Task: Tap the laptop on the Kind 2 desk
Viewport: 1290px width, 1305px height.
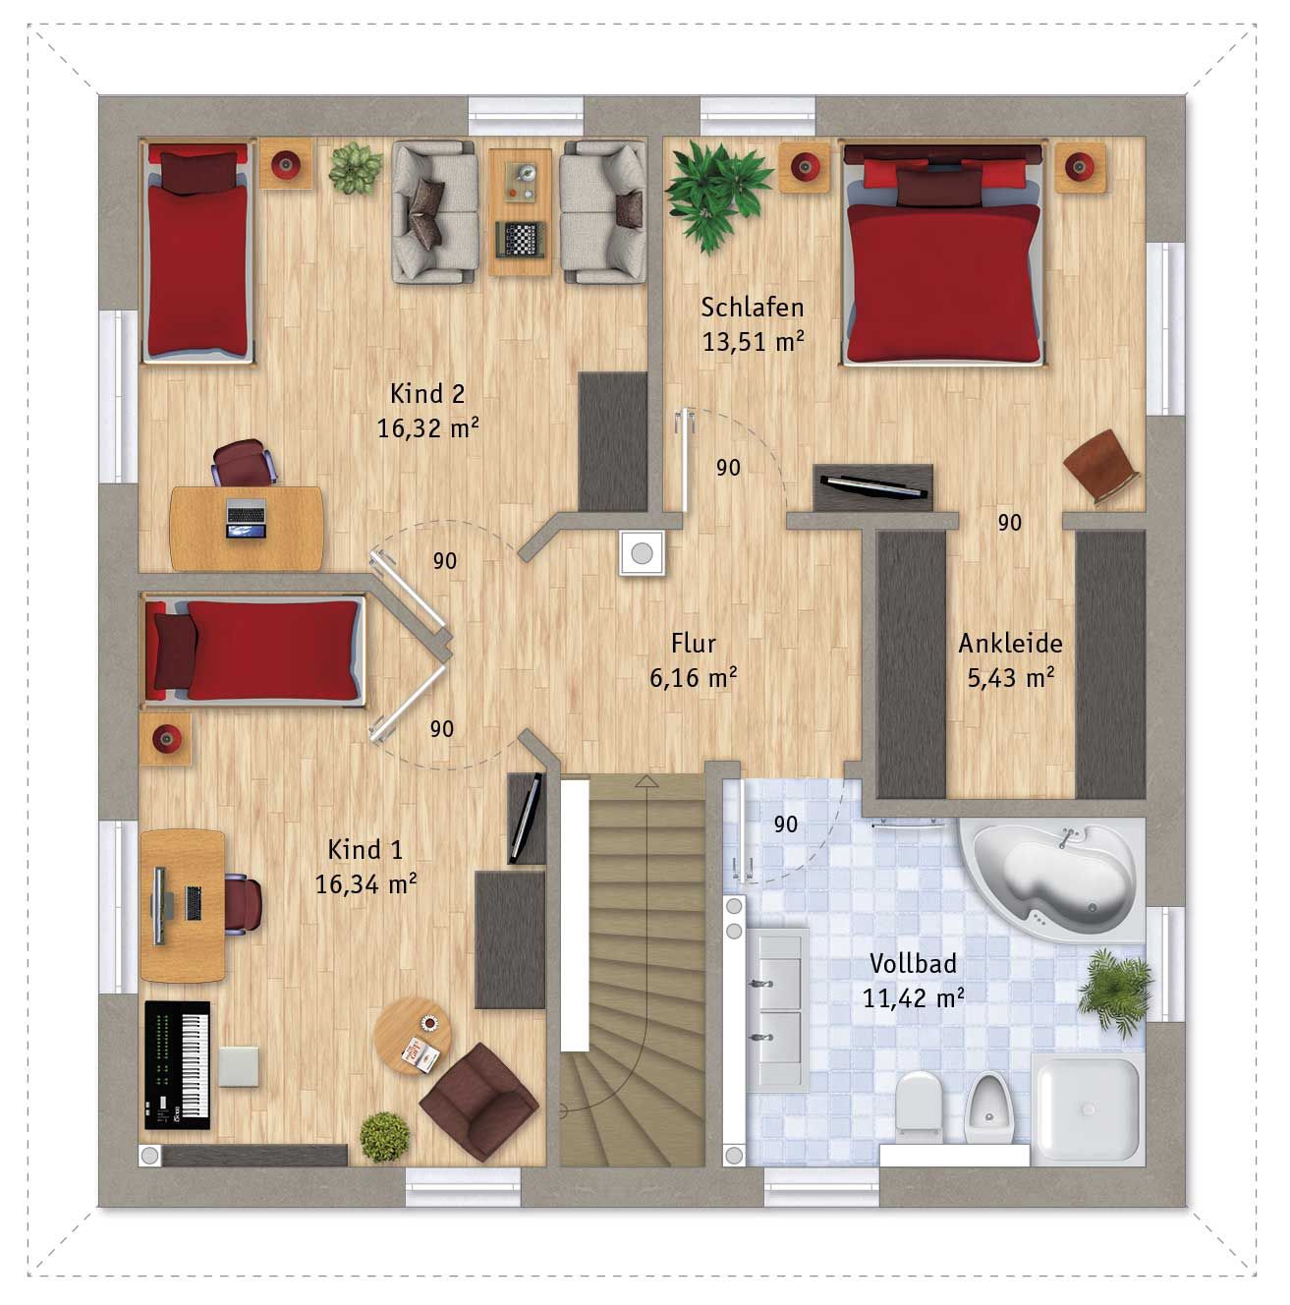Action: [x=246, y=518]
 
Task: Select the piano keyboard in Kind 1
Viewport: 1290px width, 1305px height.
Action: [x=178, y=1064]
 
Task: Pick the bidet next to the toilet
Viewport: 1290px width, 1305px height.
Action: [x=987, y=1107]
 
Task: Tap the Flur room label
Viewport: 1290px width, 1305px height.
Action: [x=693, y=643]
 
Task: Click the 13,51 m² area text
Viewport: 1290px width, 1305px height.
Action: [x=753, y=341]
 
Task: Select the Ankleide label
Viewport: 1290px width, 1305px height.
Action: [x=1010, y=643]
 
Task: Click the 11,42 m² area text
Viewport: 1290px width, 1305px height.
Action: [x=912, y=997]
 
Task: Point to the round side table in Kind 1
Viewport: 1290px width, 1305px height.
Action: [x=413, y=1036]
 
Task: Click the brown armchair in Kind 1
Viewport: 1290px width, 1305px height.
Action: [x=478, y=1102]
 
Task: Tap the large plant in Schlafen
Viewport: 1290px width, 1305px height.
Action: [x=716, y=193]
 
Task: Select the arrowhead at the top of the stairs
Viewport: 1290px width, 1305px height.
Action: [x=647, y=781]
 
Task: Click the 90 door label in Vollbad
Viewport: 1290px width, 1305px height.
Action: [x=786, y=824]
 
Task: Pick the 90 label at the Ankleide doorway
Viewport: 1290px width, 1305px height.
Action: [x=1009, y=522]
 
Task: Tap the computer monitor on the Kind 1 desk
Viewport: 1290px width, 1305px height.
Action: [x=158, y=905]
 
